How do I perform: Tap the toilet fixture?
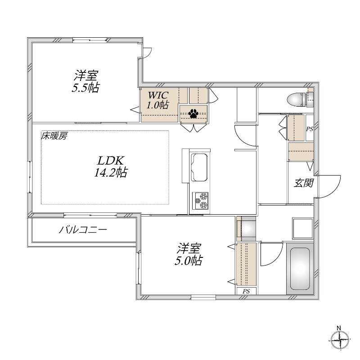pyautogui.click(x=297, y=98)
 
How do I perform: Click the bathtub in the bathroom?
pyautogui.click(x=298, y=269)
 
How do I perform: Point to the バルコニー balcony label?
pyautogui.click(x=83, y=230)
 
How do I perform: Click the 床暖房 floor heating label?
pyautogui.click(x=54, y=135)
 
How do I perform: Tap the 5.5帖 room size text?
pyautogui.click(x=85, y=87)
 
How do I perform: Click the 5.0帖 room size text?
pyautogui.click(x=188, y=261)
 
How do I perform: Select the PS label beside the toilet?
pyautogui.click(x=310, y=129)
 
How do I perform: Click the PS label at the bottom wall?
pyautogui.click(x=246, y=291)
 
